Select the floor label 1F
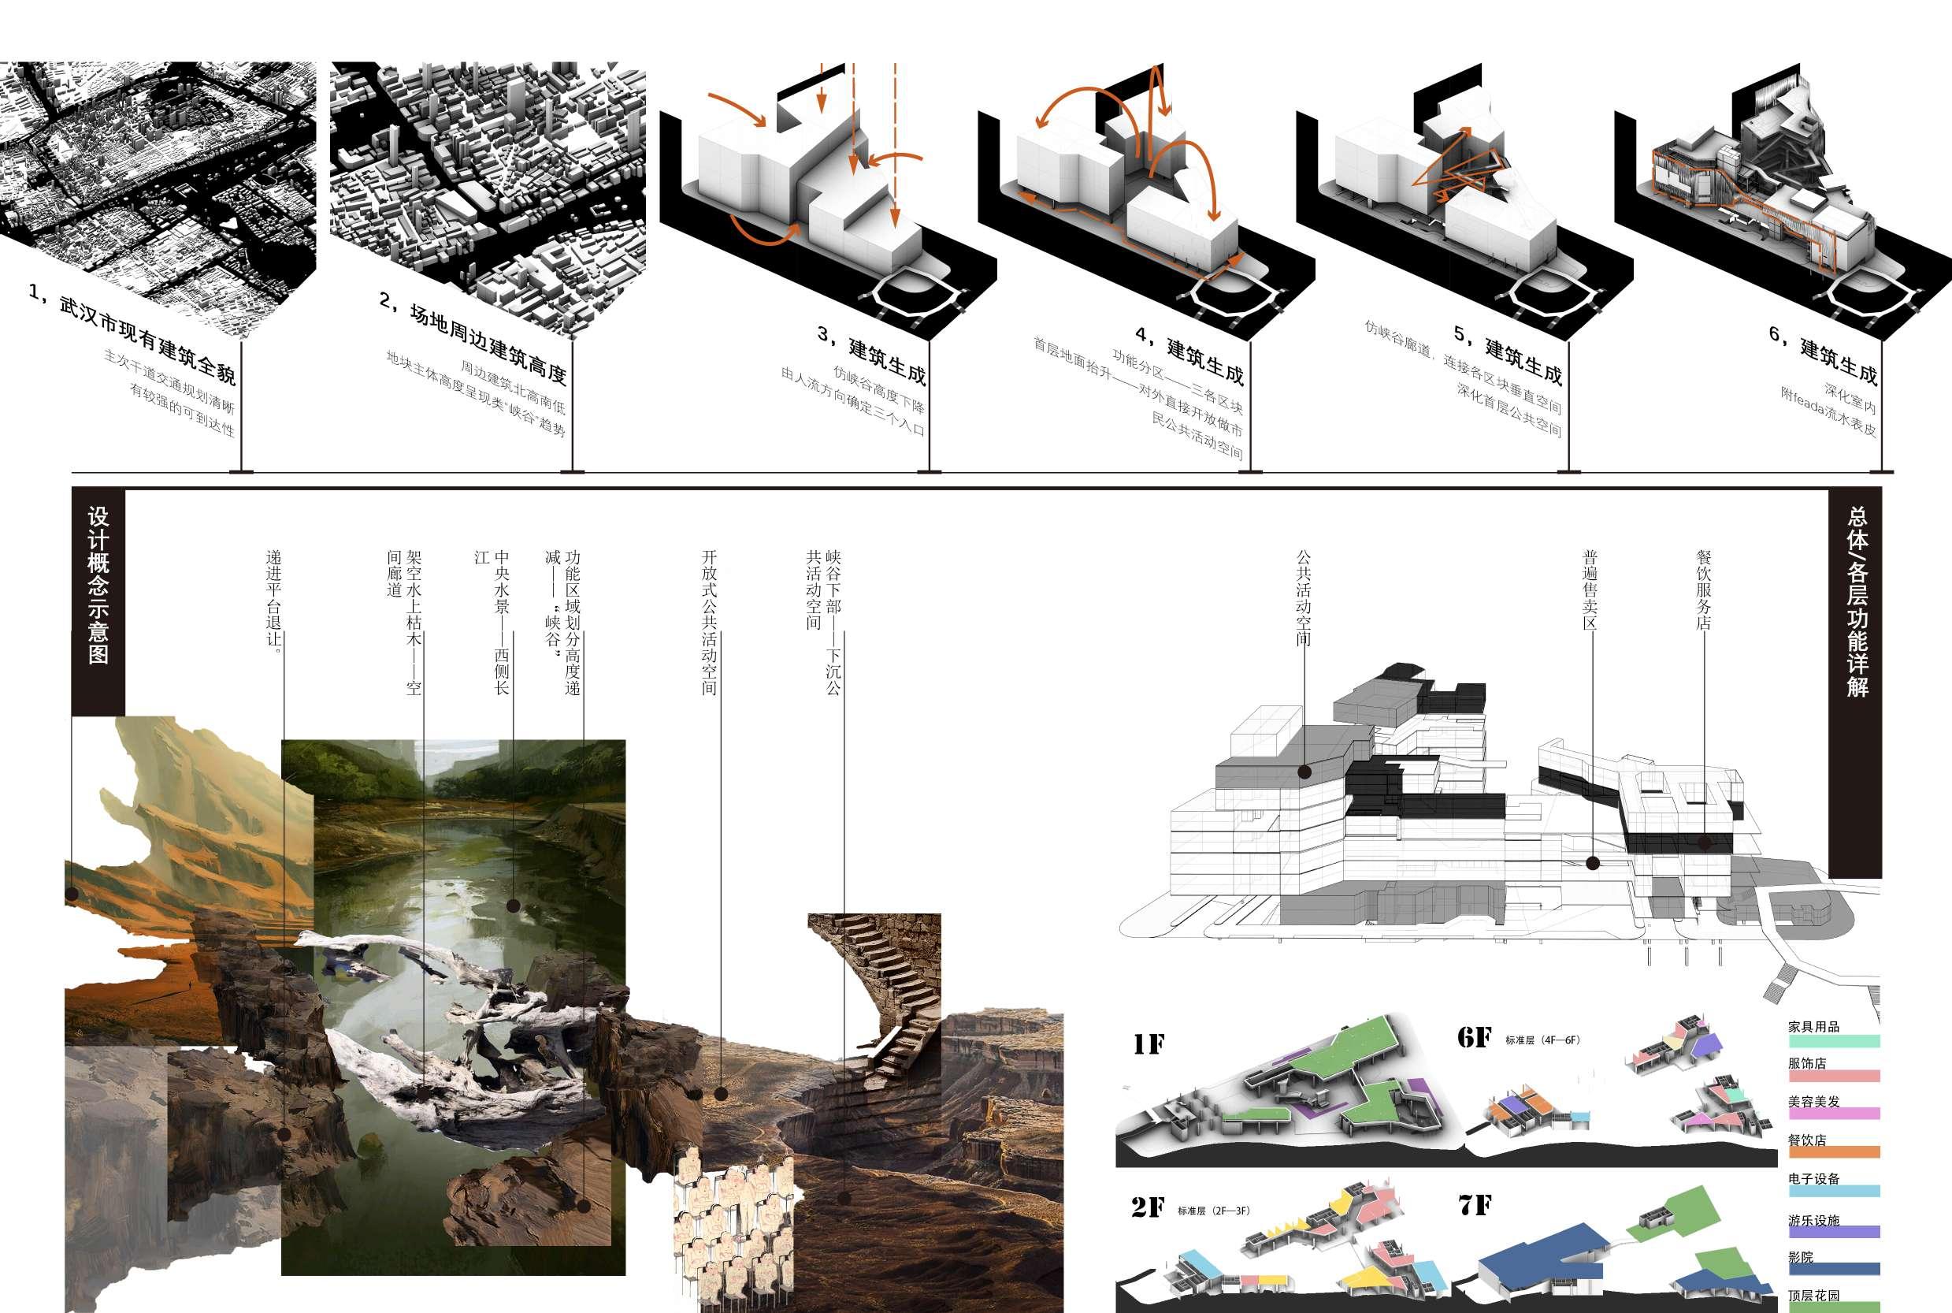point(1149,1044)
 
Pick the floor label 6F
point(1474,1037)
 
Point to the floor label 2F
point(1148,1207)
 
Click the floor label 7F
point(1475,1205)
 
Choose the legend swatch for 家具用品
point(1834,1042)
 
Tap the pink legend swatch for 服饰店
point(1834,1076)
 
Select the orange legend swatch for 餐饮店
point(1834,1152)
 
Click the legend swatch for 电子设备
point(1834,1191)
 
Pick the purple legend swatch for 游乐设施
point(1834,1232)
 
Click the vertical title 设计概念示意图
point(98,586)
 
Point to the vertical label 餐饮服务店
point(1703,590)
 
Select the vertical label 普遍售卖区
point(1590,590)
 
